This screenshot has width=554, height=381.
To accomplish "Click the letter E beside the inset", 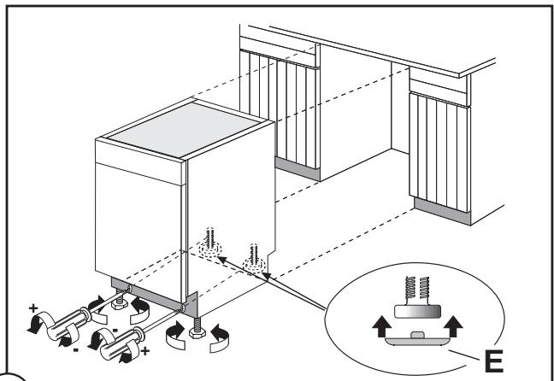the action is pos(493,360).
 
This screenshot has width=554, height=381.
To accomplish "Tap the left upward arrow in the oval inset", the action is pos(381,326).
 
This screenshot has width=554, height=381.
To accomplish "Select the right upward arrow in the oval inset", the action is pos(453,326).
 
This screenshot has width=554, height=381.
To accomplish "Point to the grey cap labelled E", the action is pos(417,338).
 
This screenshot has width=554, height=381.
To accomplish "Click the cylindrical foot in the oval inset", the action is pos(417,312).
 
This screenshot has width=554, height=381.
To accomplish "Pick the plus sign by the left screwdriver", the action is pos(33,308).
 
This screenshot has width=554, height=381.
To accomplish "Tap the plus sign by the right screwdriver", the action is pos(144,351).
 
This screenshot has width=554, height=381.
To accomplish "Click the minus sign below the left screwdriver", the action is pos(75,350).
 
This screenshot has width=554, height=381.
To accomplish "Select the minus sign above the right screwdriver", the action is pos(115,331).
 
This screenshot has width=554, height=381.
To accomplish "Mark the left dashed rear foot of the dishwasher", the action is pos(209,243).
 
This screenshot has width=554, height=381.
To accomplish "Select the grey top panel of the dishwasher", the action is pos(185,129).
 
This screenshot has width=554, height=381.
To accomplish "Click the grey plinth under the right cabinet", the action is pos(442,211).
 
